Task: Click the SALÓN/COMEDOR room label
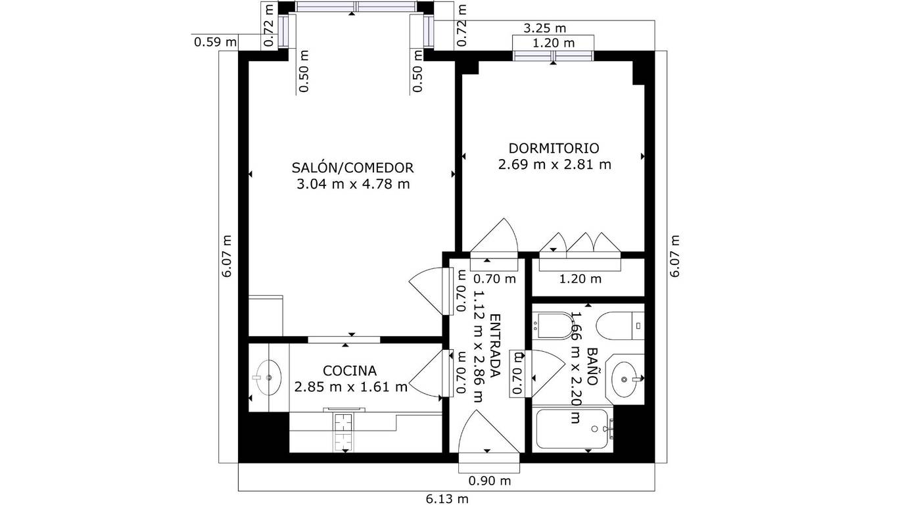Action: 352,168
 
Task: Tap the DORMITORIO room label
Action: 554,149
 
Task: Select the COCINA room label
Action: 350,371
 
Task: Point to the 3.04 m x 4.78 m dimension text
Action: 353,184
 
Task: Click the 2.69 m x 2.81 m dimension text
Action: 554,164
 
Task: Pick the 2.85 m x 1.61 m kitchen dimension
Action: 351,387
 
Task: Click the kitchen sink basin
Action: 269,377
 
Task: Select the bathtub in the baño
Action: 573,429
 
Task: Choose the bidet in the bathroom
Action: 555,325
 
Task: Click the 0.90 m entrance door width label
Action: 490,481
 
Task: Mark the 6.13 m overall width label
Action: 446,499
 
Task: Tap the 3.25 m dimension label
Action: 544,28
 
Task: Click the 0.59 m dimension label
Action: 215,41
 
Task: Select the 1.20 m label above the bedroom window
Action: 554,43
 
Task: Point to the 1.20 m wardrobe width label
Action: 580,279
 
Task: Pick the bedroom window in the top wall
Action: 554,56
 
